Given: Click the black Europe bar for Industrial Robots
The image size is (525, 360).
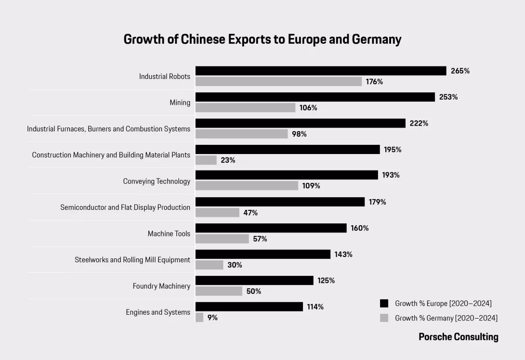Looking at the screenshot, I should [321, 71].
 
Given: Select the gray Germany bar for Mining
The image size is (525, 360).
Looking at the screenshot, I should [245, 108].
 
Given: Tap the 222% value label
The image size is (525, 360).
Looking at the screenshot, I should [419, 123].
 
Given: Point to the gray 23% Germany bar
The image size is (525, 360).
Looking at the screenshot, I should [206, 160].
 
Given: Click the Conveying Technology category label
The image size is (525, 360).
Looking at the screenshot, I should [157, 181].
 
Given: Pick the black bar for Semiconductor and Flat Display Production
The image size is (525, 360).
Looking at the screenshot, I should [280, 202].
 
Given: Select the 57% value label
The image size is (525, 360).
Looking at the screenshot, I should [260, 239].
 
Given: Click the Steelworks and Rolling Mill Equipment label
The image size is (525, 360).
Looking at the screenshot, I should [132, 260].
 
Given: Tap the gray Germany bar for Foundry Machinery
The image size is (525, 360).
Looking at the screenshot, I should [219, 291].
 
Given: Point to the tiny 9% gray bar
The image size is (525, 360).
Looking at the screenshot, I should [199, 317].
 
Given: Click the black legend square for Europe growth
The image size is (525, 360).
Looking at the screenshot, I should [384, 303].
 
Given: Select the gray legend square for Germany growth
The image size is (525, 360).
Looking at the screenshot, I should [384, 318].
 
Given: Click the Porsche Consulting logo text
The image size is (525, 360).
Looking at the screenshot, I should [458, 337].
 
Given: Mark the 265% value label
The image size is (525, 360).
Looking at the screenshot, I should [460, 71].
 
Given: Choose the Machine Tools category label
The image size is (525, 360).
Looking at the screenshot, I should [169, 234].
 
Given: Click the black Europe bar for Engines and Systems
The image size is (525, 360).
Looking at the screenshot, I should [249, 307].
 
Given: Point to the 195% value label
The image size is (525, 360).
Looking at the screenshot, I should [393, 150].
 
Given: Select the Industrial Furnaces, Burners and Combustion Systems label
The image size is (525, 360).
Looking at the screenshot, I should [108, 129].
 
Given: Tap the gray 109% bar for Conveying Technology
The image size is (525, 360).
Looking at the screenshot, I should [247, 186].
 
